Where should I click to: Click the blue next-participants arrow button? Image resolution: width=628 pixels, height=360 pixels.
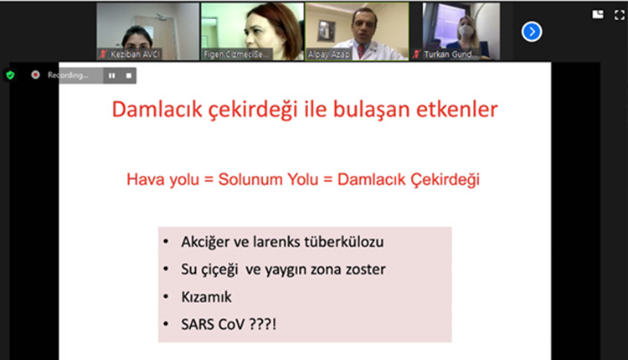pyautogui.click(x=531, y=32)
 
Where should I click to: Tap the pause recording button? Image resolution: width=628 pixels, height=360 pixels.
pyautogui.click(x=111, y=75)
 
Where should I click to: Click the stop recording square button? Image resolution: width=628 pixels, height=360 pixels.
pyautogui.click(x=129, y=75)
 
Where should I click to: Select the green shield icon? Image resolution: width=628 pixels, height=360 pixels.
pyautogui.click(x=10, y=75)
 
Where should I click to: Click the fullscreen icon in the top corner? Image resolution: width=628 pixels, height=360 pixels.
pyautogui.click(x=620, y=14)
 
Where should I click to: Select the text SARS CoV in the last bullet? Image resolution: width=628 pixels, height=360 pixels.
pyautogui.click(x=212, y=322)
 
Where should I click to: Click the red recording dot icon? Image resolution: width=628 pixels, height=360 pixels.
pyautogui.click(x=36, y=75)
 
